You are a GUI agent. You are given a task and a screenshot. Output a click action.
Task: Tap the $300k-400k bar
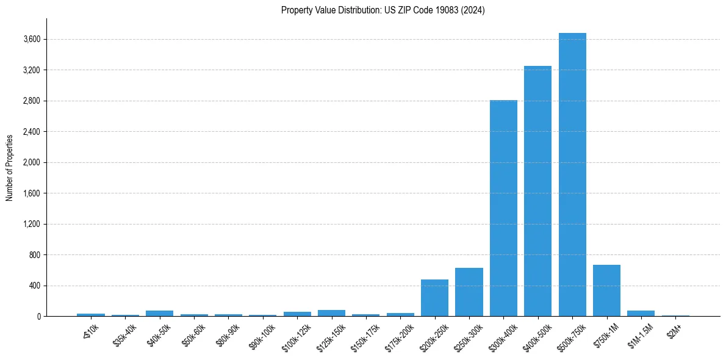[x=503, y=208]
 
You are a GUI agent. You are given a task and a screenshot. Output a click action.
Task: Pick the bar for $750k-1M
[x=606, y=290]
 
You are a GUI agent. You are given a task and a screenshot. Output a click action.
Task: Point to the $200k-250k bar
[x=434, y=298]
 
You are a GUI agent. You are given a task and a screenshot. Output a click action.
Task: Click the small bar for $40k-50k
[x=159, y=313]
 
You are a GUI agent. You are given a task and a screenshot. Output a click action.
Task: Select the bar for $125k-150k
[x=331, y=313]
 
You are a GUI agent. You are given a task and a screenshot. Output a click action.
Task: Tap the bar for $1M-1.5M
[x=641, y=313]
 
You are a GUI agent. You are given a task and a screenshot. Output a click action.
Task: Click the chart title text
[x=383, y=10]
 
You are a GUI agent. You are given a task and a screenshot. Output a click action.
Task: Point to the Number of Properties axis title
[x=10, y=167]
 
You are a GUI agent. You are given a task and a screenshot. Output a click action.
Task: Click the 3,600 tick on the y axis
[x=32, y=40]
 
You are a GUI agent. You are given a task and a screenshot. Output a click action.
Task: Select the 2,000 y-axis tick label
[x=32, y=163]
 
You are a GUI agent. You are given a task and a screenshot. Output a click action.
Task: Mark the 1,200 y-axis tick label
[x=32, y=224]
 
